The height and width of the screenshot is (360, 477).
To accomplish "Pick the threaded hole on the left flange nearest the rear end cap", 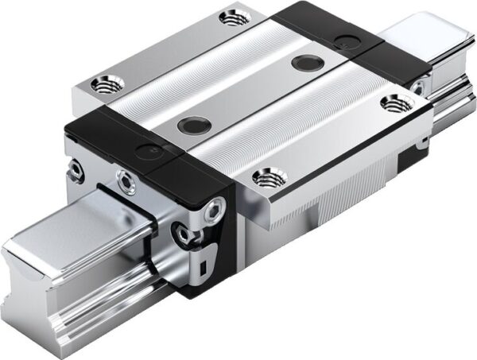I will pos(231,16).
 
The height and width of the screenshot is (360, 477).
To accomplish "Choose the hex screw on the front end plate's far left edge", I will pos(76,168).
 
